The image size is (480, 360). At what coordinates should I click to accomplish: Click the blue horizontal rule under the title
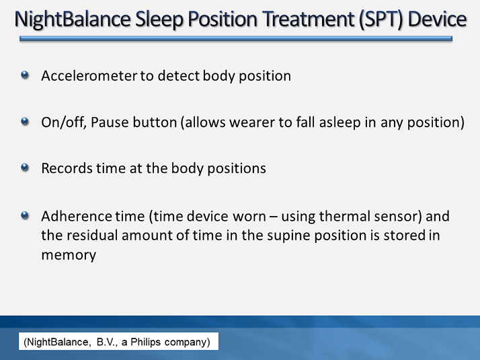236,40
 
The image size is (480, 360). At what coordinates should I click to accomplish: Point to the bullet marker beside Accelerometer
26,75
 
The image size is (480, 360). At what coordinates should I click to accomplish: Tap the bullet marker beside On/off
26,122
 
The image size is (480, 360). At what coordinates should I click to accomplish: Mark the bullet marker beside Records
26,167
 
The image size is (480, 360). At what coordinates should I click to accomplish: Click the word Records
66,168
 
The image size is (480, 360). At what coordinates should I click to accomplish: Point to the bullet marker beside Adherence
26,215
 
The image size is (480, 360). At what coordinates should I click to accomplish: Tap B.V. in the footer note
101,343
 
